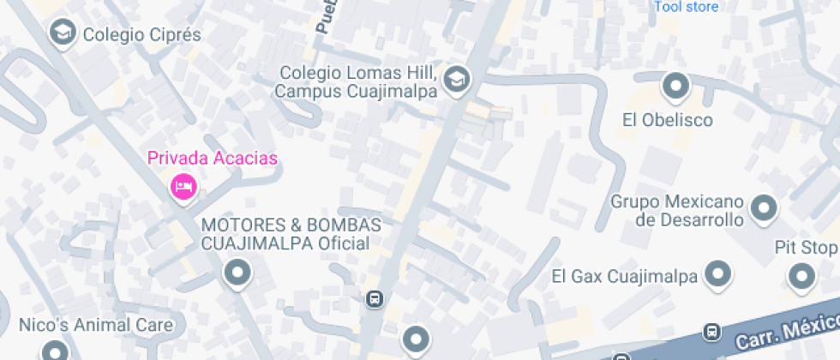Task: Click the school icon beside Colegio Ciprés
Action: [62, 33]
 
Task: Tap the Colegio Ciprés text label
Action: [141, 35]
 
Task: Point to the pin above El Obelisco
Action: [676, 86]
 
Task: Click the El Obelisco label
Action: [668, 120]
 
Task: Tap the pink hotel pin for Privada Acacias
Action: [183, 185]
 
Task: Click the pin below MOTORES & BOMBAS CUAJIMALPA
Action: [237, 273]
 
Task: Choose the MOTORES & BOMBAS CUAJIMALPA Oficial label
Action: [291, 234]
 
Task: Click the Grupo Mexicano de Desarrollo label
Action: [676, 211]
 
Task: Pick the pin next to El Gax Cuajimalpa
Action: [717, 274]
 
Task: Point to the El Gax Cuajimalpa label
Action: [626, 276]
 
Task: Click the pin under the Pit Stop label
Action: [801, 276]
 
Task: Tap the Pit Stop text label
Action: [806, 249]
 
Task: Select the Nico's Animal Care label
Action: [96, 325]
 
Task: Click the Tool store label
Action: [686, 7]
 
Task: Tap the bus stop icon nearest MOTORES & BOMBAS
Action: [374, 299]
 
